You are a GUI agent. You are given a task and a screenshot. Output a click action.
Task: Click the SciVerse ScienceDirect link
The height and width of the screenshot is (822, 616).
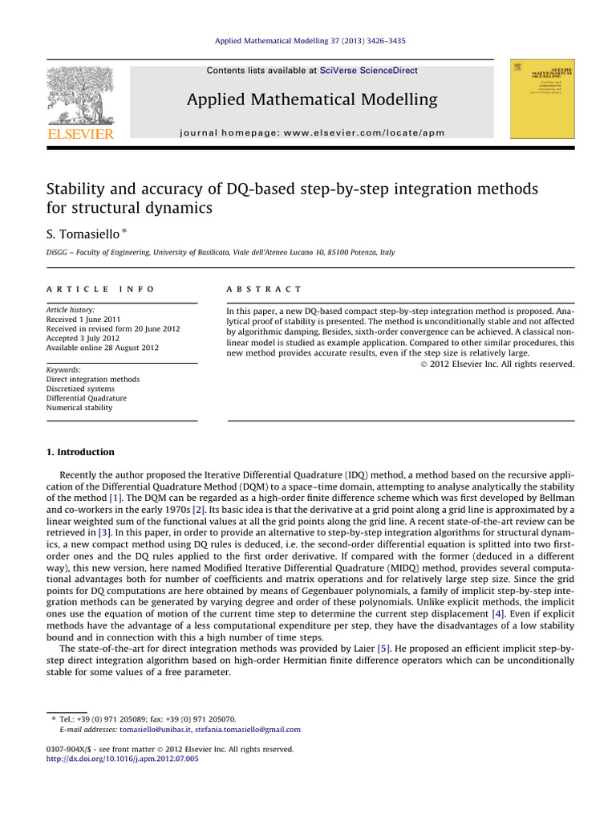[368, 71]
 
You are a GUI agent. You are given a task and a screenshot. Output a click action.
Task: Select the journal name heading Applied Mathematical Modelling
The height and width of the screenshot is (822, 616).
[312, 100]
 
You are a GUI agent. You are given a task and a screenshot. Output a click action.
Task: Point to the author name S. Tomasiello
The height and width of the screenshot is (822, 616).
[79, 232]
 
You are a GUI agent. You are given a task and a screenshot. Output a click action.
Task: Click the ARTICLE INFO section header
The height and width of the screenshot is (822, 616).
[99, 289]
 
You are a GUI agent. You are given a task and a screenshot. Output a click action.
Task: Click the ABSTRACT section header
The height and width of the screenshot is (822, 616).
[265, 289]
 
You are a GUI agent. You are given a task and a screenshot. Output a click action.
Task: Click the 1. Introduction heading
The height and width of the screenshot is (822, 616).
[80, 452]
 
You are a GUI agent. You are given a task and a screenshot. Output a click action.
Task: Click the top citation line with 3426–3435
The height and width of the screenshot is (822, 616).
[311, 40]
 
